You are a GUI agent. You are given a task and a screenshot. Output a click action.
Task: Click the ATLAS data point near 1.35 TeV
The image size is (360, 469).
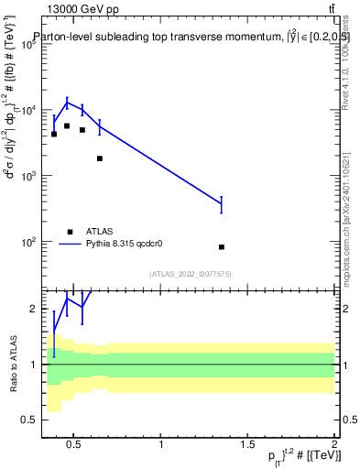click(x=222, y=247)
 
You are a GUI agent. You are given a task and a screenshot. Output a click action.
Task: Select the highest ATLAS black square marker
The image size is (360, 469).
click(x=67, y=125)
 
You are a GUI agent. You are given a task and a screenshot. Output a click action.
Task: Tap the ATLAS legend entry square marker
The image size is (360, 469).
click(x=70, y=232)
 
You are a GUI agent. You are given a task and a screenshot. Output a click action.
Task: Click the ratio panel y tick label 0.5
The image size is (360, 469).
click(x=31, y=420)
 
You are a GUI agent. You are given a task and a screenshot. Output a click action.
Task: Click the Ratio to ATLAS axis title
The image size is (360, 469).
click(x=12, y=364)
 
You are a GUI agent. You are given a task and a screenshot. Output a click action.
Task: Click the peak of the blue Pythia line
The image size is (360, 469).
click(x=67, y=101)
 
